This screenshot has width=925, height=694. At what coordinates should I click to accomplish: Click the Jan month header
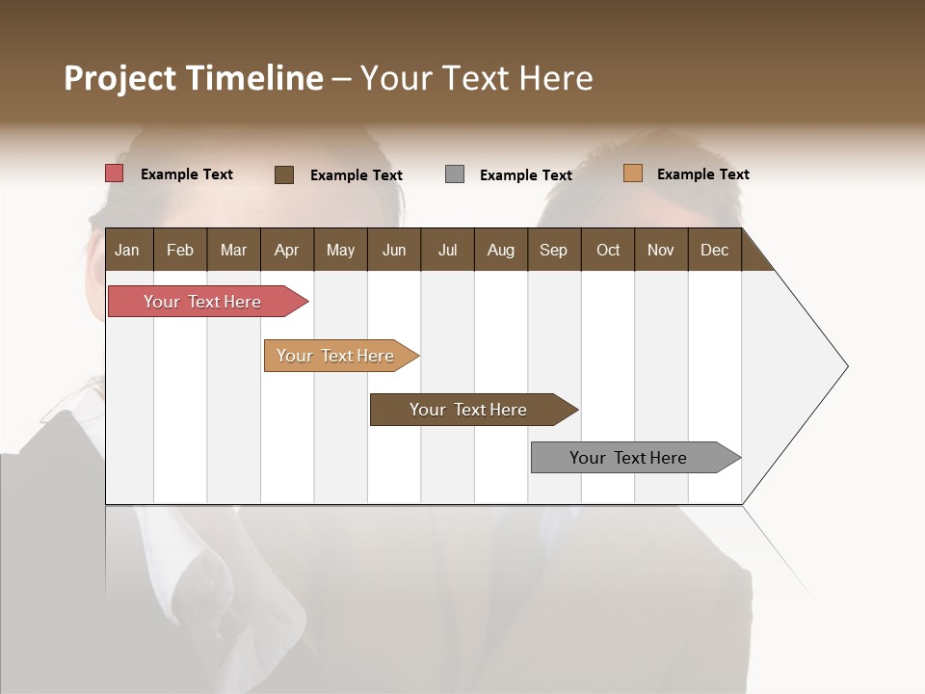(x=127, y=250)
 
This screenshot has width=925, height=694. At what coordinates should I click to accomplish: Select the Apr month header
(x=286, y=250)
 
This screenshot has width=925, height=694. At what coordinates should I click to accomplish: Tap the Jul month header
(x=447, y=250)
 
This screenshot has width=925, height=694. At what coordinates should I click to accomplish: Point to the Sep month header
(x=553, y=250)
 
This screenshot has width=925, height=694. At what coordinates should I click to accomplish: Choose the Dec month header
(x=714, y=250)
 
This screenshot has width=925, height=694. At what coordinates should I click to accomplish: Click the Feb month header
(x=180, y=250)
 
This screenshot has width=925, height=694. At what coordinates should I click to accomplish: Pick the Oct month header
(x=608, y=250)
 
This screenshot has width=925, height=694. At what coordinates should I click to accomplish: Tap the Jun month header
(x=394, y=250)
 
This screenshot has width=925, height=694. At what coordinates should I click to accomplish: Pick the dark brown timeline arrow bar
(x=469, y=410)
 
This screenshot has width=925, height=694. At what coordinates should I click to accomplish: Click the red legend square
(x=114, y=173)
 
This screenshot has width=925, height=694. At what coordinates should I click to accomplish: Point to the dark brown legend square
(x=284, y=174)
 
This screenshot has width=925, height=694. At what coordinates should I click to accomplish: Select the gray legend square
(x=455, y=174)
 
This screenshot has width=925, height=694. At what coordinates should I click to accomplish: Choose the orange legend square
(x=632, y=173)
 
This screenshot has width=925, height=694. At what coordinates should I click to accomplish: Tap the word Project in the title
(x=119, y=78)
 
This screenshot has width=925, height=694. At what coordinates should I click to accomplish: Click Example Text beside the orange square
(x=702, y=174)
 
